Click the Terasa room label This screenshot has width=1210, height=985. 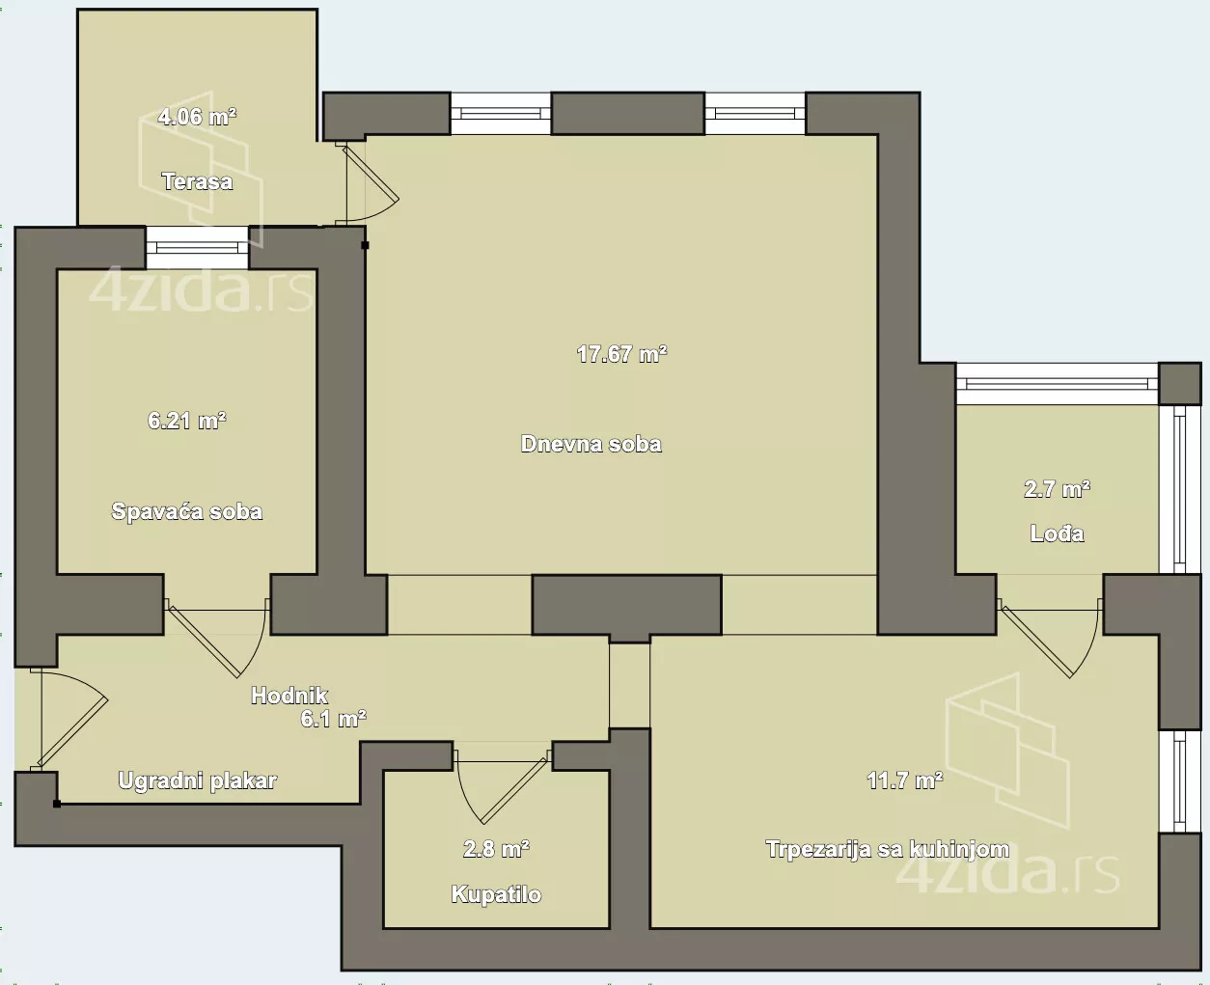coord(197,181)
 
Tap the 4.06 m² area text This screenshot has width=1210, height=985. coord(197,117)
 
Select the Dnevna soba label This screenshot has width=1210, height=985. coord(591,444)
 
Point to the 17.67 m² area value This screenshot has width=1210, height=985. coord(621,354)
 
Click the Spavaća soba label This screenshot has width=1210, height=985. coord(187,512)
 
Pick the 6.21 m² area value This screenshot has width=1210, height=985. coord(187,421)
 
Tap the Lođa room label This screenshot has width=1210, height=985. coord(1057,534)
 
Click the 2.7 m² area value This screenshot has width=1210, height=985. coord(1057,489)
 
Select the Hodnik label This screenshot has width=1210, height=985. coord(289,696)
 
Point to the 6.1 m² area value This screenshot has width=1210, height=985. coord(333,720)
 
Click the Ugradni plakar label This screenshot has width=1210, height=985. coord(197,781)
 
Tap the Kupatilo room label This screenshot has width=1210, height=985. coord(496,894)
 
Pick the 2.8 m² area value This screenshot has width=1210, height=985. coord(496,849)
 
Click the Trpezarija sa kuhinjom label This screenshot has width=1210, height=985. coord(888,849)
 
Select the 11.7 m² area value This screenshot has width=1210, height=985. coord(905,781)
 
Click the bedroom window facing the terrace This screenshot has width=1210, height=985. coord(197,248)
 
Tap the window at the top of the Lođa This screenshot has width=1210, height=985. coord(1058,384)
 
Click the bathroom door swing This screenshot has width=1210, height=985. coord(502,785)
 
